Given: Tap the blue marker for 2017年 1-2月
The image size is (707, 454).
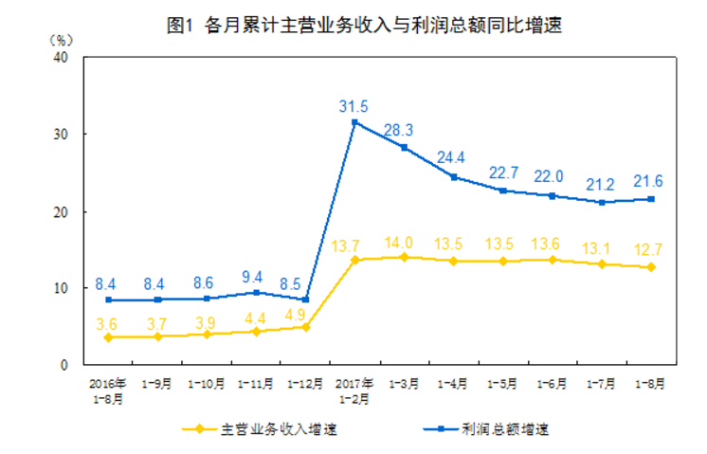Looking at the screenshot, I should point(354,122).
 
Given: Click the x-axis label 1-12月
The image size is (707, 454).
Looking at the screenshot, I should point(305,384).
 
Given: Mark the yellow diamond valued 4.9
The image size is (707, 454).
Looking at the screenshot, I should point(305,327).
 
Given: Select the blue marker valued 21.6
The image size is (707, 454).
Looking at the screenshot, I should point(650,199).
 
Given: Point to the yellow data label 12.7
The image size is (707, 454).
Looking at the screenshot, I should point(650,250).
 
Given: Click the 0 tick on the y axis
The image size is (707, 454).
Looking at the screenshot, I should point(64,365).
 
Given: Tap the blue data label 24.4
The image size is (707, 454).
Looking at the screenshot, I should point(453,158).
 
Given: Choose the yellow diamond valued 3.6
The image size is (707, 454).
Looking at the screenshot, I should point(108,337).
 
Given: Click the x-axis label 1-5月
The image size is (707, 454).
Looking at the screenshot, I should point(502,384).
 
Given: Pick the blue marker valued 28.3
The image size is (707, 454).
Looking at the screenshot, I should point(404,147).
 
